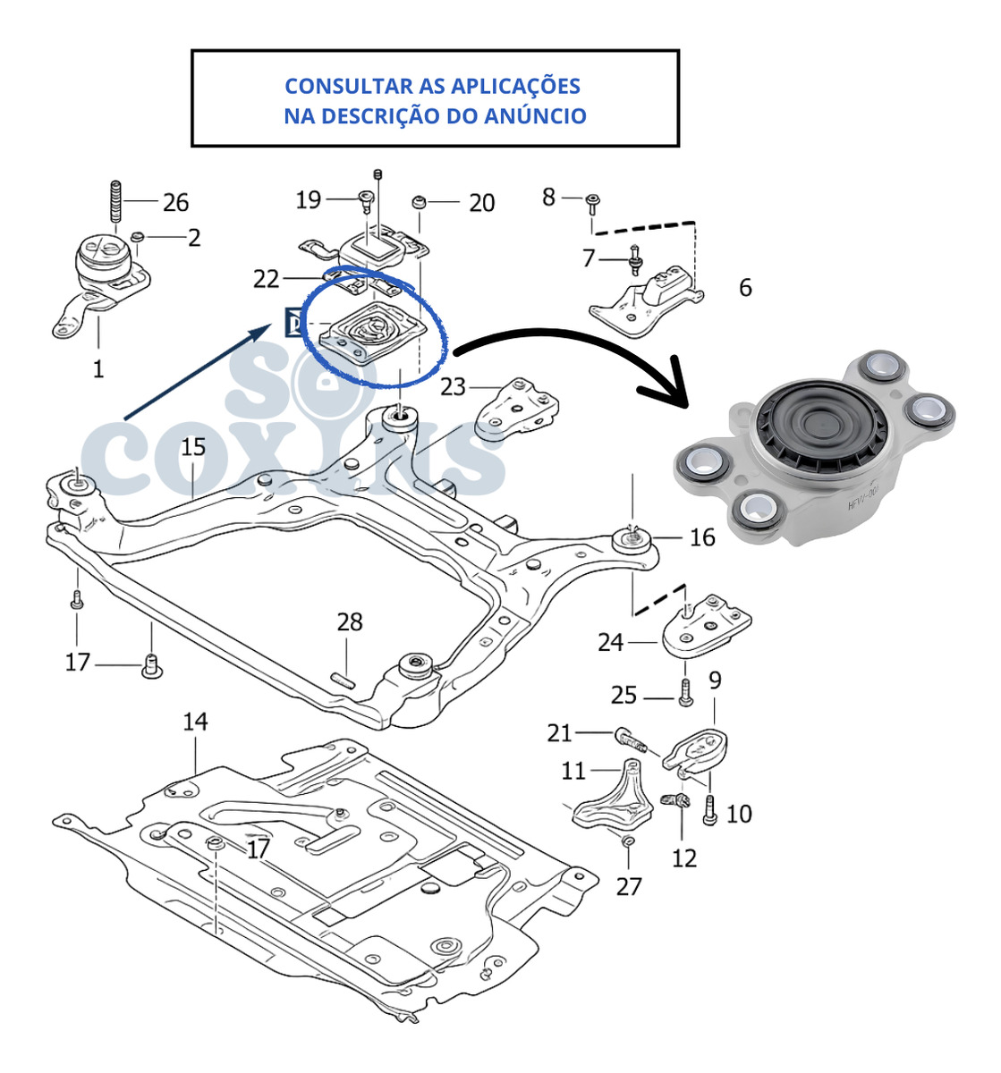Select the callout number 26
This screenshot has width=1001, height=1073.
[x=175, y=202]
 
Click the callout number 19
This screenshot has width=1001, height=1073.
[x=308, y=199]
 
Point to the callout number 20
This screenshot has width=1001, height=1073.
[x=481, y=203]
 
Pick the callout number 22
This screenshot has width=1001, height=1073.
[x=266, y=279]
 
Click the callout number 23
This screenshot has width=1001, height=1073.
[x=453, y=386]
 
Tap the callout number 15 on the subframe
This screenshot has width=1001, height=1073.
[x=193, y=446]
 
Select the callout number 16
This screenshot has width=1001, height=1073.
[x=702, y=536]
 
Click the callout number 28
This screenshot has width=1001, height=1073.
[x=350, y=621]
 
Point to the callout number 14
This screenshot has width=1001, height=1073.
[x=195, y=721]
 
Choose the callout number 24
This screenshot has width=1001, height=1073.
[x=610, y=641]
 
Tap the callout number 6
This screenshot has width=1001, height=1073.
[x=745, y=287]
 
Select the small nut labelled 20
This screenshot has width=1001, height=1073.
[x=417, y=201]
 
